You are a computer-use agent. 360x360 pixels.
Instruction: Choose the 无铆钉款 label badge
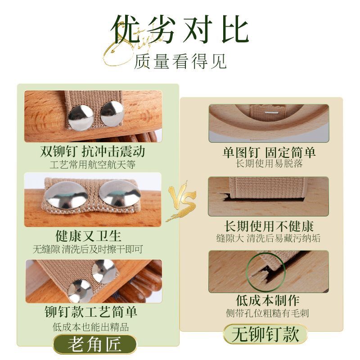coord(265,335)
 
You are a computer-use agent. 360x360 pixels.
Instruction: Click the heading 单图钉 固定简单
coord(269,152)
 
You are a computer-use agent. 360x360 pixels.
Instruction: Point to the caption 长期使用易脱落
coord(269,163)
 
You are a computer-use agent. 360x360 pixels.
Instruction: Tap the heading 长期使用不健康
coord(269,226)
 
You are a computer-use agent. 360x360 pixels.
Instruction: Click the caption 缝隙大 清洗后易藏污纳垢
coord(269,238)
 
